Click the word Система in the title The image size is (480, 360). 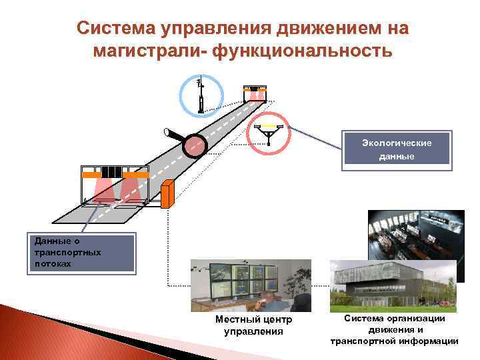click(x=113, y=29)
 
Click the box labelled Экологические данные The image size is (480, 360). click(x=396, y=148)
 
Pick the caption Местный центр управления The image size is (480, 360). click(x=253, y=325)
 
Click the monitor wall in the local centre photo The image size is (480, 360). click(x=243, y=280)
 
